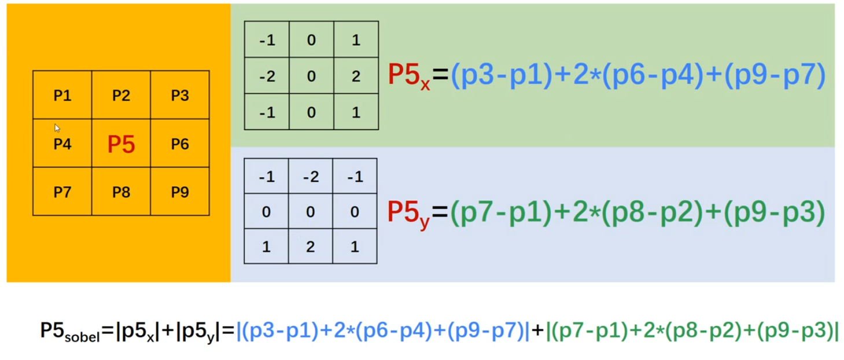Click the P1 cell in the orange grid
[62, 95]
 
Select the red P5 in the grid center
[121, 144]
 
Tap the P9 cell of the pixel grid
[180, 192]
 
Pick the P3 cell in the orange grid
[180, 95]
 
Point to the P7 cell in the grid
[62, 192]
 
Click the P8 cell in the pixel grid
[121, 192]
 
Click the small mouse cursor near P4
[57, 128]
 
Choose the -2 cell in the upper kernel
[267, 76]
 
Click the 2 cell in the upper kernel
[356, 76]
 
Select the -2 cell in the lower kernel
[311, 177]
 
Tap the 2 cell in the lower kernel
[311, 247]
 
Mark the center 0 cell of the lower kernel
[311, 212]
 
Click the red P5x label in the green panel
[408, 77]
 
